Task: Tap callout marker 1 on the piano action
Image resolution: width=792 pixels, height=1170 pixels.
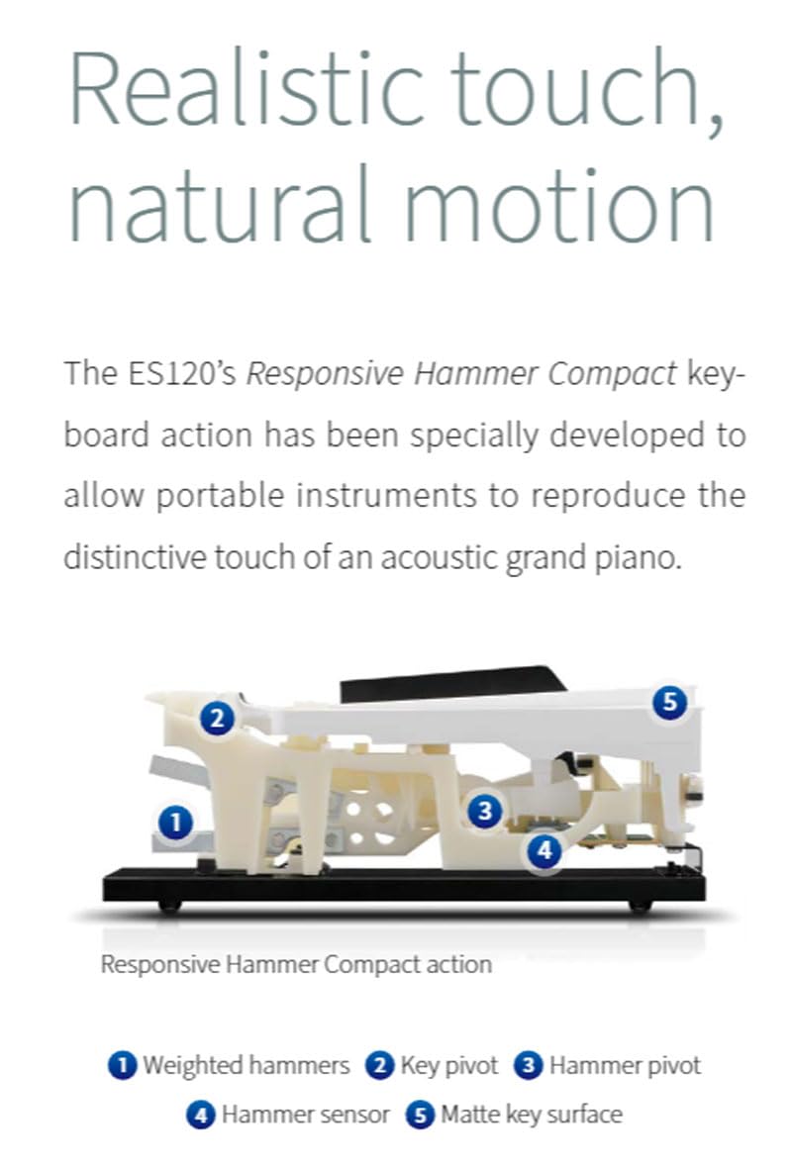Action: pyautogui.click(x=176, y=822)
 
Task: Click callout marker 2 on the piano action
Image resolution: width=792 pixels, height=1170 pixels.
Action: pyautogui.click(x=217, y=718)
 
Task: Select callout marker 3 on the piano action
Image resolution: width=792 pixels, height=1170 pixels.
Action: pyautogui.click(x=484, y=812)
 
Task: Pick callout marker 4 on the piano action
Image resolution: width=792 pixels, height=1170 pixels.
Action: pyautogui.click(x=544, y=849)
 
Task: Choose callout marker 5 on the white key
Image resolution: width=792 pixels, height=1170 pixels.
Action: pyautogui.click(x=670, y=703)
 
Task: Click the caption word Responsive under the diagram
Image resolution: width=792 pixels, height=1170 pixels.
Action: pyautogui.click(x=164, y=963)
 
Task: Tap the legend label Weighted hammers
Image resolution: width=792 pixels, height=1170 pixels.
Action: pyautogui.click(x=246, y=1065)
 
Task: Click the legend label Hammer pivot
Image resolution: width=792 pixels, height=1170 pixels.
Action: pyautogui.click(x=624, y=1065)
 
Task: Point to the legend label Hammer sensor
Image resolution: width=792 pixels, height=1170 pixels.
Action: pyautogui.click(x=305, y=1115)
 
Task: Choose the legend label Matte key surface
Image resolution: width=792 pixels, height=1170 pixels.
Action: pyautogui.click(x=531, y=1115)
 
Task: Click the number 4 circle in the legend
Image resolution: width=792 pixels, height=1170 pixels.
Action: pyautogui.click(x=201, y=1116)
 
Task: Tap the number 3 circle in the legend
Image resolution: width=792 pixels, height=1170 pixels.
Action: pyautogui.click(x=530, y=1066)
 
